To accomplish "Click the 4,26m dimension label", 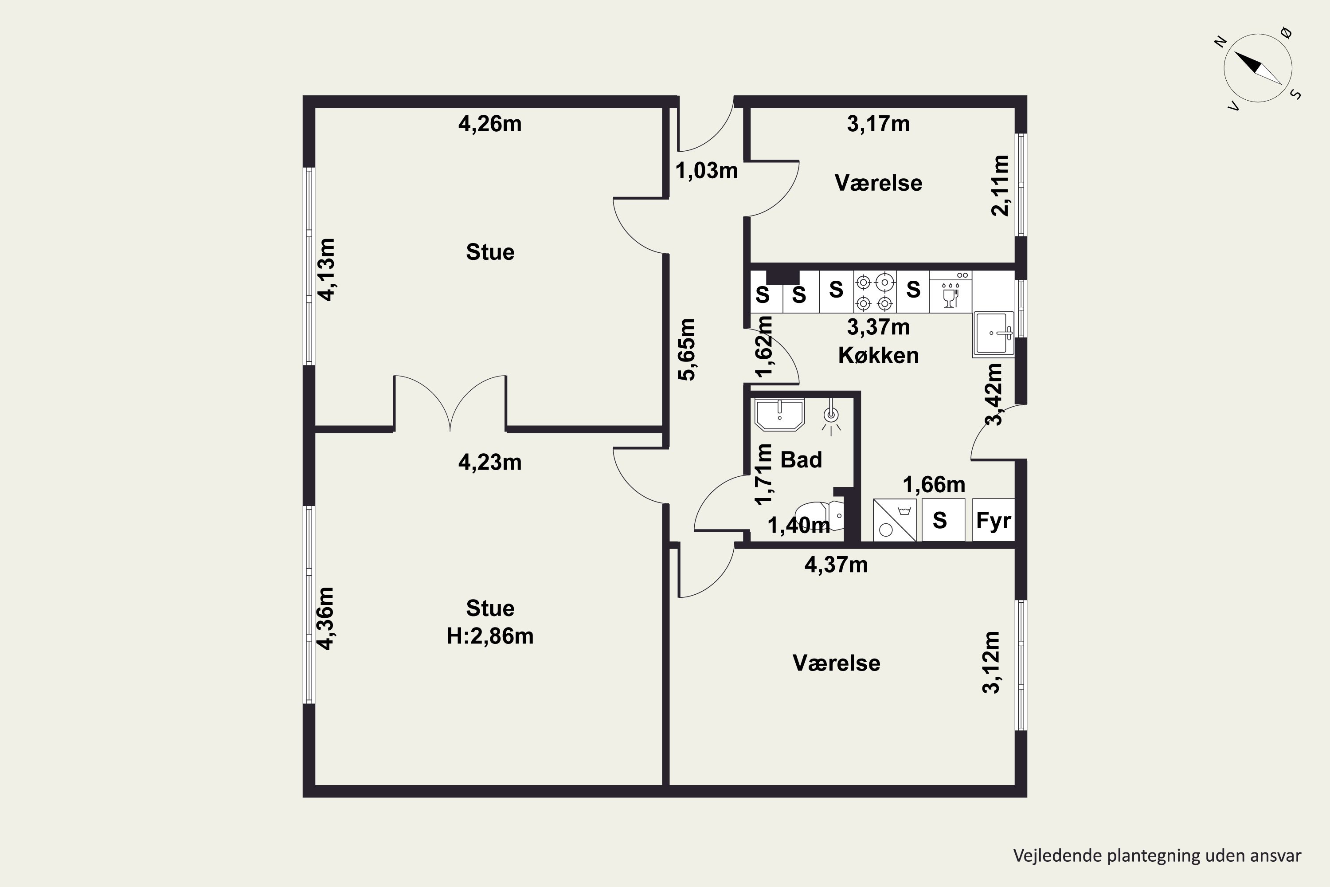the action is [490, 124].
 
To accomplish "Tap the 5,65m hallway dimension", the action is [687, 349].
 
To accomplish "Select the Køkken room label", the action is [878, 355].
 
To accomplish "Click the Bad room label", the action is [801, 459].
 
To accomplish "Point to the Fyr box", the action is [994, 520].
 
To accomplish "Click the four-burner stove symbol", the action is [874, 292].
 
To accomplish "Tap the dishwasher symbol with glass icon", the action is [951, 292].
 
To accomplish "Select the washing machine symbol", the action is [895, 520].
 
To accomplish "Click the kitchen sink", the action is [994, 334].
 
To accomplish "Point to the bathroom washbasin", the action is [780, 414].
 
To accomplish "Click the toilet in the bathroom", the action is [819, 516].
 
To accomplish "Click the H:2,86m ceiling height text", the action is [490, 636].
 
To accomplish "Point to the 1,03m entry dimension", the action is [707, 170].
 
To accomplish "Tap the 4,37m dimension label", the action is [836, 565].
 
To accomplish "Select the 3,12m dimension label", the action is [991, 663].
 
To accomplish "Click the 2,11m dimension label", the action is [1000, 185].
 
